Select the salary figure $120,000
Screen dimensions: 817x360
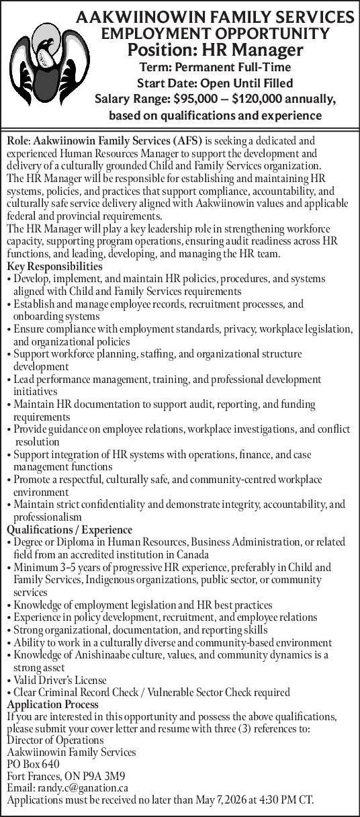tap(259, 99)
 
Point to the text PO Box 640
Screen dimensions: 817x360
tap(32, 764)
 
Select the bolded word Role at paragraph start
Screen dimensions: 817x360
tap(18, 142)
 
